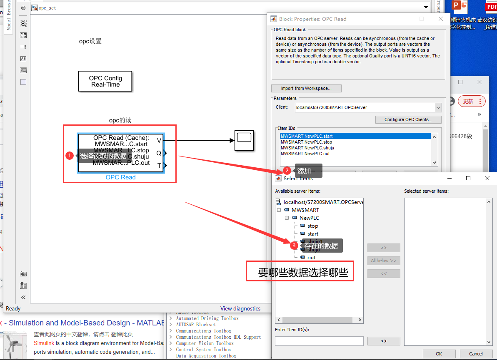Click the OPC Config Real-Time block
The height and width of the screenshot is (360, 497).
click(105, 81)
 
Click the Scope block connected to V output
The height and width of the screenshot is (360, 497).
click(244, 141)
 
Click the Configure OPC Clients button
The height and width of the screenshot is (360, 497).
click(408, 119)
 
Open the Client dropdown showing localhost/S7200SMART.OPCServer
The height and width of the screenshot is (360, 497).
click(438, 108)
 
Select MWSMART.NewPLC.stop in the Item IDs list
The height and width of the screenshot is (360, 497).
click(306, 142)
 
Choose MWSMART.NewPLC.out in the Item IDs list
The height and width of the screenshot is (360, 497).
click(305, 154)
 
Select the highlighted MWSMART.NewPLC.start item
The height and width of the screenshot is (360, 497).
click(307, 136)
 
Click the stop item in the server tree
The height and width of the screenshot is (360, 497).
click(312, 226)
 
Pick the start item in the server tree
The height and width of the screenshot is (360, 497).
click(312, 234)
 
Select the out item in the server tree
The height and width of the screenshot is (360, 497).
click(311, 258)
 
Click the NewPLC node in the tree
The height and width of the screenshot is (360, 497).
click(309, 218)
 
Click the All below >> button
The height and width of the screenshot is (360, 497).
click(383, 261)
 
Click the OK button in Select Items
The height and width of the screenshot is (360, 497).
click(439, 354)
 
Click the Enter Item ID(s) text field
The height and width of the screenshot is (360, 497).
click(319, 341)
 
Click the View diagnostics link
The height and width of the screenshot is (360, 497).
click(240, 308)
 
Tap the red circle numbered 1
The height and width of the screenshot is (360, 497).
click(70, 156)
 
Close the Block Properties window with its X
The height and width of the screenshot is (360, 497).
click(441, 19)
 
